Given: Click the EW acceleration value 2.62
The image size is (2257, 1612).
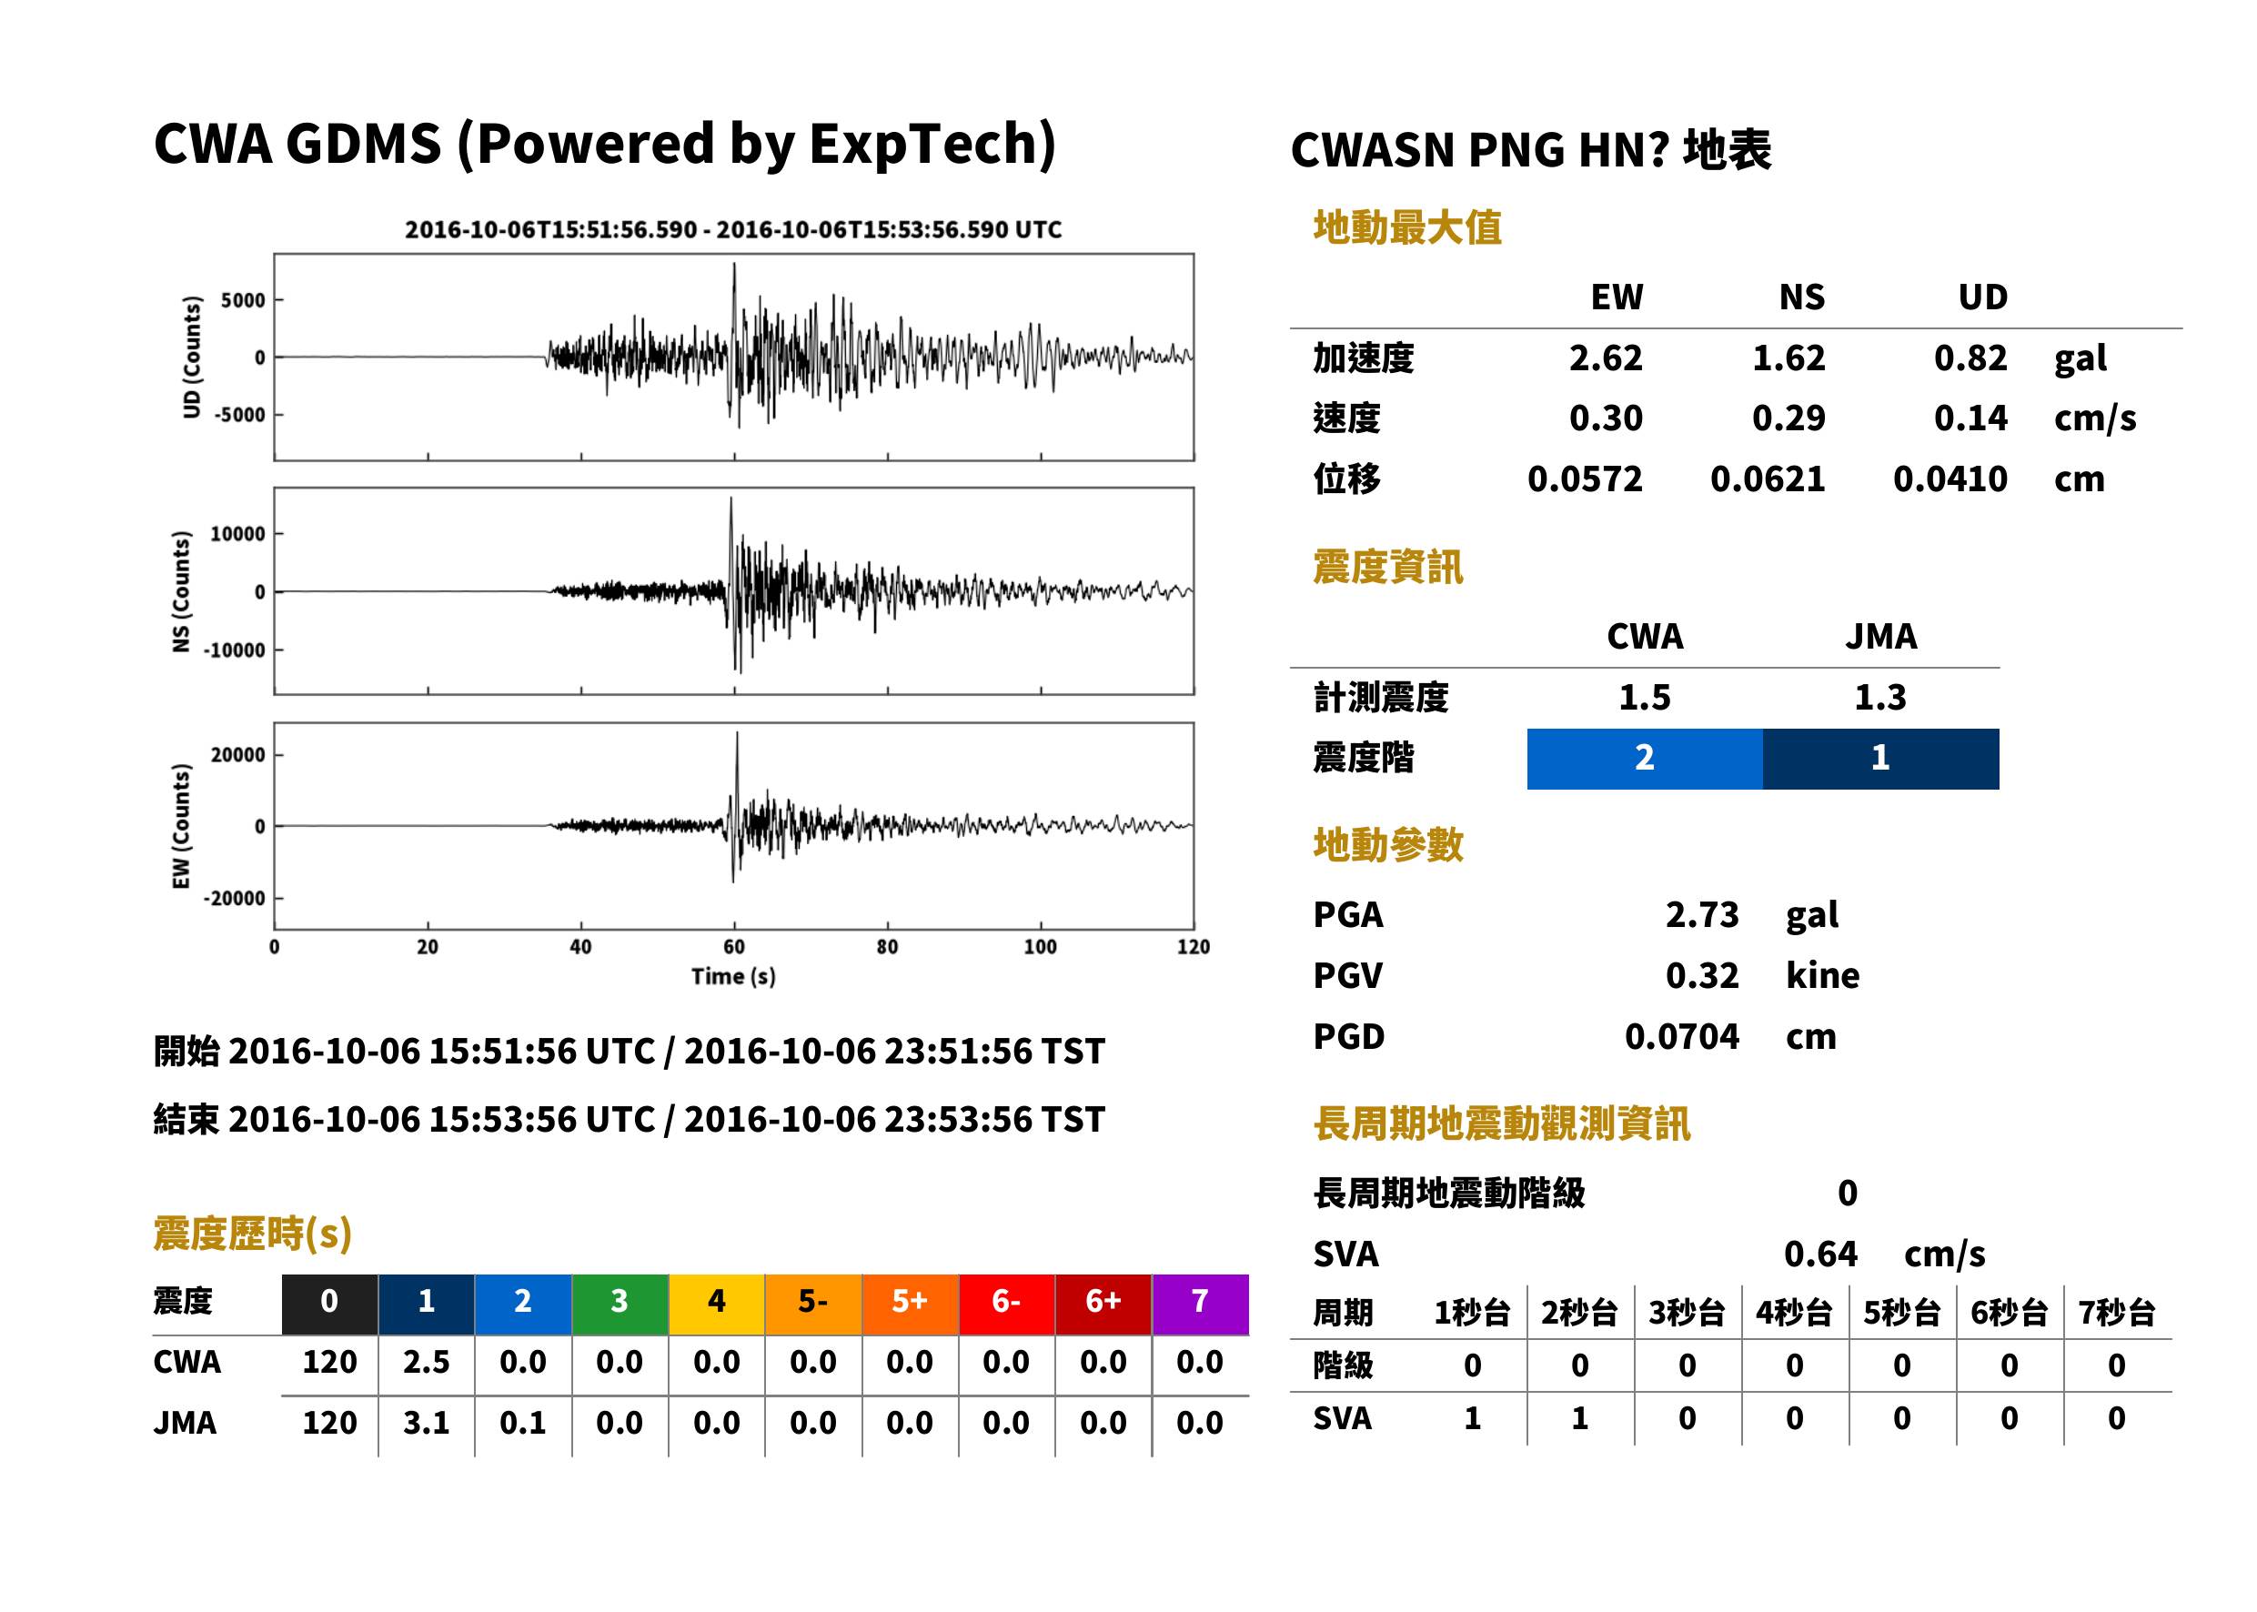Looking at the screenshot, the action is click(x=1605, y=358).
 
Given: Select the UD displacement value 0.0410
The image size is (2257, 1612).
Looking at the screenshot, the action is click(x=1950, y=479).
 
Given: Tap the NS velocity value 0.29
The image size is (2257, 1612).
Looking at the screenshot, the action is click(x=1788, y=418).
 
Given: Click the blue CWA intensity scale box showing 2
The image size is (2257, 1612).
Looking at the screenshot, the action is click(x=1645, y=759).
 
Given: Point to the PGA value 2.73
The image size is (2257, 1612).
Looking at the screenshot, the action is click(x=1701, y=914).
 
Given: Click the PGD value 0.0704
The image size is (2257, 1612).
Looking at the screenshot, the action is click(x=1681, y=1036).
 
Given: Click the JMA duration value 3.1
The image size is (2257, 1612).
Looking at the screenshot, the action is click(x=426, y=1424).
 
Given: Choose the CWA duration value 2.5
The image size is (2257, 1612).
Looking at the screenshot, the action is click(x=426, y=1362).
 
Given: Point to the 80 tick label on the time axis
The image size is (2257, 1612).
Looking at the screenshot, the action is click(x=886, y=947).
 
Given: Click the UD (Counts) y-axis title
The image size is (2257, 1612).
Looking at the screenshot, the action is click(x=192, y=358).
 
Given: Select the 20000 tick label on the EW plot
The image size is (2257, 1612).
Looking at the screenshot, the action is click(x=237, y=755).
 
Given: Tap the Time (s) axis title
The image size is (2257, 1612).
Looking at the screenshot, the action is click(x=733, y=977).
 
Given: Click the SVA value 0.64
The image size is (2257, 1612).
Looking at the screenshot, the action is click(x=1820, y=1254).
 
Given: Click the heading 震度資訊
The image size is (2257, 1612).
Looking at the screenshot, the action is click(x=1387, y=567).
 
